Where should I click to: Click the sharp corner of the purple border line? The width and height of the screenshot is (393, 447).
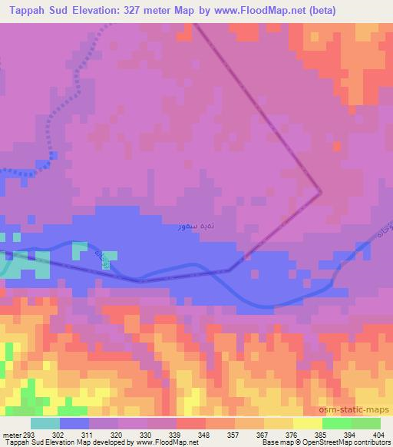point(320,192)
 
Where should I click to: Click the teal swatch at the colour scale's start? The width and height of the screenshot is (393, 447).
point(45,423)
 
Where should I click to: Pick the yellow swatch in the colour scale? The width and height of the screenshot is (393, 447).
point(308,423)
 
